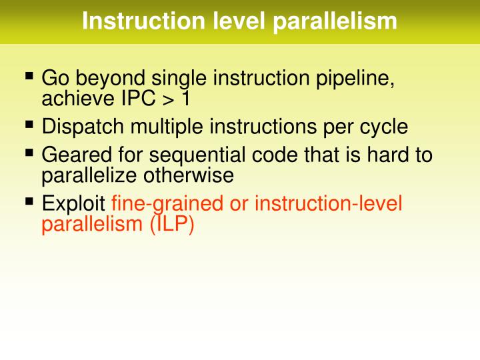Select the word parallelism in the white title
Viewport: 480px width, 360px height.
pos(335,21)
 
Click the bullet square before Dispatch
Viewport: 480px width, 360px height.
pos(29,124)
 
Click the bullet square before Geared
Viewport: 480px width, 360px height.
pos(29,153)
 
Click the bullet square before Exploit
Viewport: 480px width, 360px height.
pos(29,201)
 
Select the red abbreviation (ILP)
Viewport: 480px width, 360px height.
pos(171,223)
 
